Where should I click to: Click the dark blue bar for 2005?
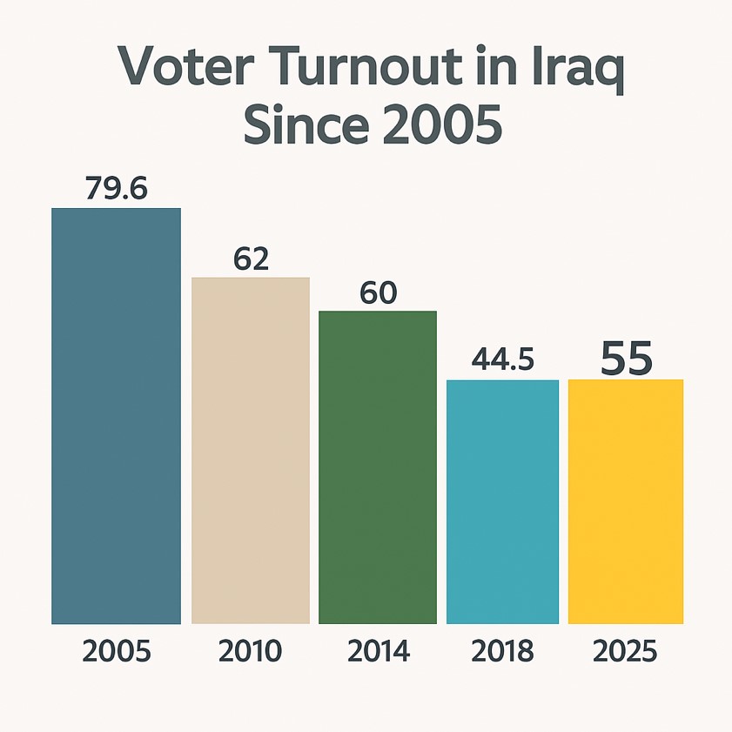(116, 416)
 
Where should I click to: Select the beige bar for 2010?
(251, 450)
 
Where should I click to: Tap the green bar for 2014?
(378, 467)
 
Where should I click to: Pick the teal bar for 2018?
(502, 501)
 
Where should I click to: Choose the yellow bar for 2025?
(625, 501)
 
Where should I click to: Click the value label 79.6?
(117, 189)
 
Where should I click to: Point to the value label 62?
(251, 259)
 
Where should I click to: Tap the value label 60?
(378, 293)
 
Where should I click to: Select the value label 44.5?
(502, 359)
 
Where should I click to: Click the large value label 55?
(627, 358)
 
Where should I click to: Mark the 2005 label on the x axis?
(117, 651)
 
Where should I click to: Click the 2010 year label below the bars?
(251, 651)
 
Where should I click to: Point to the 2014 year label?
(378, 651)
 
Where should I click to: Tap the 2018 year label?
(502, 651)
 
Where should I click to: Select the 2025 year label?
(625, 651)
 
